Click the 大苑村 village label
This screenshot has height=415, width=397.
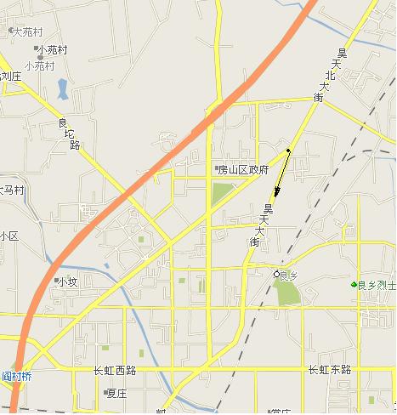[x=26, y=31]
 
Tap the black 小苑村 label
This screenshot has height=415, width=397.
[x=52, y=50]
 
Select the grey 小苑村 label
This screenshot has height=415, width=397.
[x=39, y=65]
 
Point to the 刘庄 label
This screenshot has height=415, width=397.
[x=9, y=76]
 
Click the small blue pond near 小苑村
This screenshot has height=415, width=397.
[x=62, y=87]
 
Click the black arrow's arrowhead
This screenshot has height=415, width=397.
[x=275, y=201]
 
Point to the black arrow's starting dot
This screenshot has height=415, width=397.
[x=289, y=151]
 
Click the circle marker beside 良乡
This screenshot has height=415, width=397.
[x=275, y=275]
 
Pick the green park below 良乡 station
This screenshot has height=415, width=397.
[x=287, y=293]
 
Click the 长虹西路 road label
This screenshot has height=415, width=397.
[x=116, y=371]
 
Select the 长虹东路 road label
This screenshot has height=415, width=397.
[x=329, y=370]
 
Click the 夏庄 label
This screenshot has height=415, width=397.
[x=116, y=393]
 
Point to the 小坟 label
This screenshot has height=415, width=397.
[x=66, y=281]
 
